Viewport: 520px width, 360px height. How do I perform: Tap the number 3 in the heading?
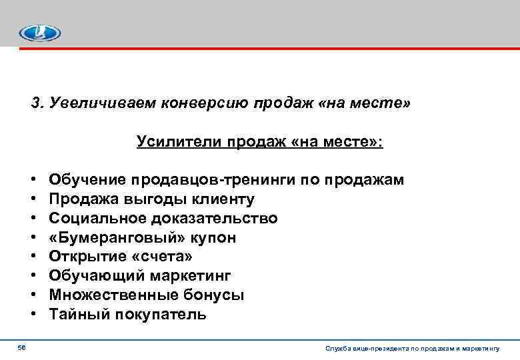click(35, 103)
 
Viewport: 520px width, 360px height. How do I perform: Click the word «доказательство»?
click(213, 219)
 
